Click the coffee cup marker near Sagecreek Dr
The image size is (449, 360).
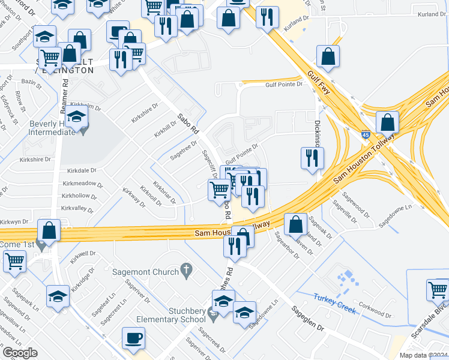(x=133, y=337)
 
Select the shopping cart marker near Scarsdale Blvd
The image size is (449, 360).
(x=438, y=290)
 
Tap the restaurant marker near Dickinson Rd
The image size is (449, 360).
(x=312, y=158)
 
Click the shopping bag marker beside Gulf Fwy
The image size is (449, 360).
(x=328, y=57)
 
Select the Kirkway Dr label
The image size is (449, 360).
(x=134, y=197)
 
